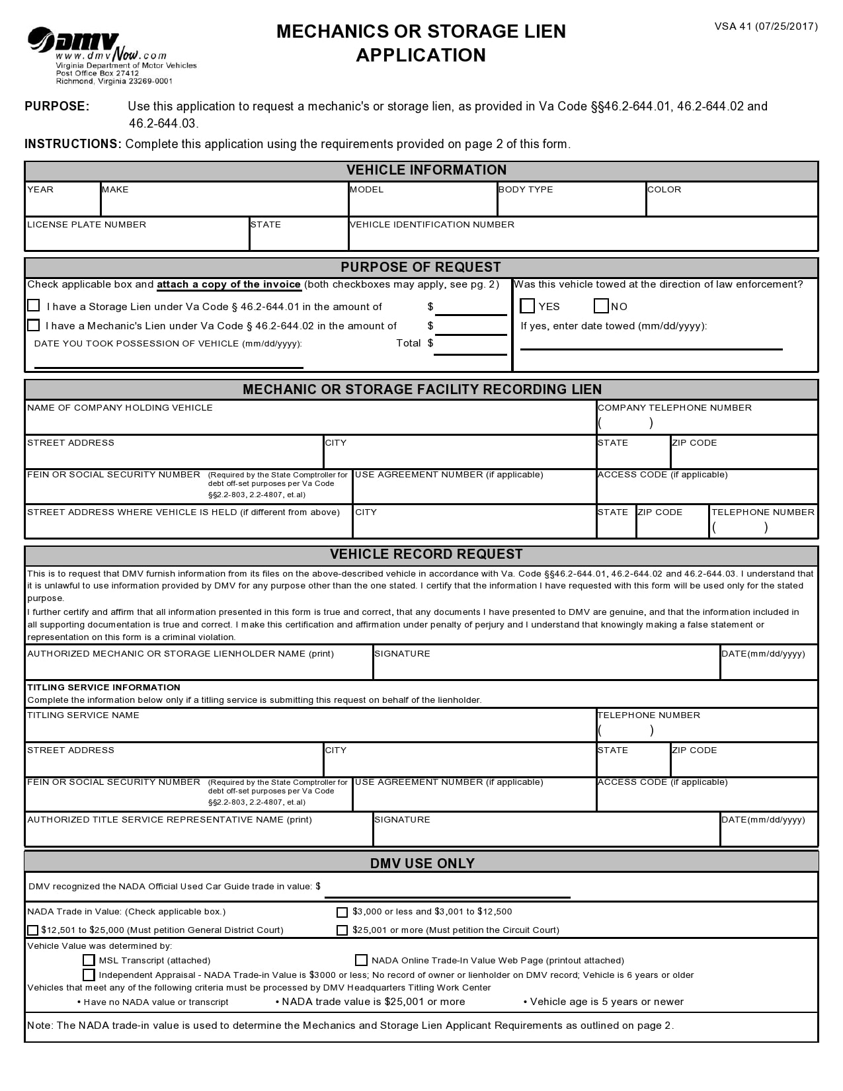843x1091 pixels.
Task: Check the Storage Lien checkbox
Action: click(34, 305)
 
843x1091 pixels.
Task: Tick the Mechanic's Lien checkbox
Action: click(34, 325)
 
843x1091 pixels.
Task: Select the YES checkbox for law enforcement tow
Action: click(527, 305)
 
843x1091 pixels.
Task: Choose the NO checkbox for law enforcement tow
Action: click(601, 305)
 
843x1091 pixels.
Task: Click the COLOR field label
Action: click(664, 190)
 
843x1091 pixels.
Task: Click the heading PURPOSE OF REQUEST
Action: click(421, 267)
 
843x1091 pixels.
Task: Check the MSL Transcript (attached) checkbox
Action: click(89, 960)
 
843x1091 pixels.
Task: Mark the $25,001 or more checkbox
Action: click(342, 930)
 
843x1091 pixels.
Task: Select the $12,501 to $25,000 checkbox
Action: click(32, 930)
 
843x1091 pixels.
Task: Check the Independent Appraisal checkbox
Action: click(89, 975)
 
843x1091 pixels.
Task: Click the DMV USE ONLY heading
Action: click(422, 863)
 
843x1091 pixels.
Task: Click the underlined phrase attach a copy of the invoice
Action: click(229, 284)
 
